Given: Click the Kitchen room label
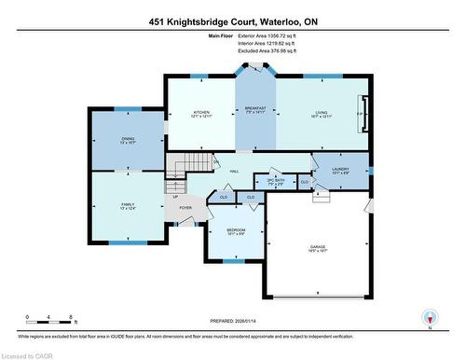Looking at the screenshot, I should tap(199, 111).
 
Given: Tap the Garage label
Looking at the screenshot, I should tap(318, 248).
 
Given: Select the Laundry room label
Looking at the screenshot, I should tap(341, 170).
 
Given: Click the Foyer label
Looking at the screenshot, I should tap(185, 208).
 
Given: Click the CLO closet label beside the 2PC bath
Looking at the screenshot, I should tap(305, 182).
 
